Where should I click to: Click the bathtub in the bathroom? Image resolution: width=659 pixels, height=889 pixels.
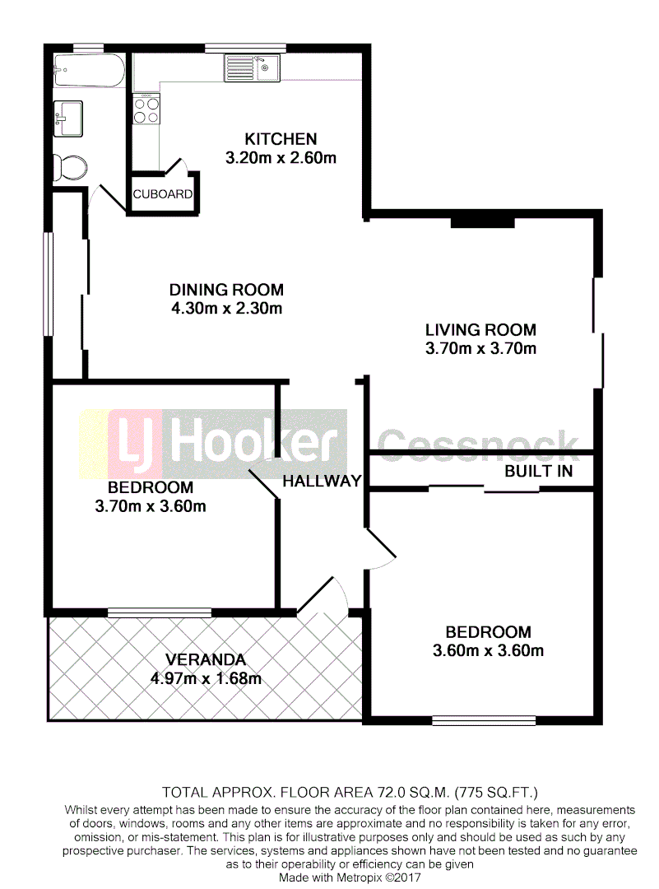(88, 72)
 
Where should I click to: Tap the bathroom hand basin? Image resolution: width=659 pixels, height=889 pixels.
(67, 118)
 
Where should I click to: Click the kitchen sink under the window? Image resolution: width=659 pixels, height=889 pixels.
(252, 67)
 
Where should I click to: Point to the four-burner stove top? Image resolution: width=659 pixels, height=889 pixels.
(146, 109)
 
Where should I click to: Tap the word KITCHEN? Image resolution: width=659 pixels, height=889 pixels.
(281, 138)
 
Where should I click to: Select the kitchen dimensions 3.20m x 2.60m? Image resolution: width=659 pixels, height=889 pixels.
(281, 157)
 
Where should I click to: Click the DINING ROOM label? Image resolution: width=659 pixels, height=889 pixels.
(226, 290)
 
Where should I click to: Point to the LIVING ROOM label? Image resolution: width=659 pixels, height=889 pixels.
(480, 330)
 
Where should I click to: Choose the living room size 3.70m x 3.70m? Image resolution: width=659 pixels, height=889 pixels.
(480, 349)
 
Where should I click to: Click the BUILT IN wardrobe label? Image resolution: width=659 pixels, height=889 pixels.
(538, 472)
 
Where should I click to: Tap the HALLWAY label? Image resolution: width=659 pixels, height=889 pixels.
(322, 482)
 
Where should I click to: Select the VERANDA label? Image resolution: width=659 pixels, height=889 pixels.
(205, 659)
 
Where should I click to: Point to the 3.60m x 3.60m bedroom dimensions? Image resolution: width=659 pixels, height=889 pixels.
(488, 651)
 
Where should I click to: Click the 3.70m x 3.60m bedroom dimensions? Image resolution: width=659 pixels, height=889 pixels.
(151, 506)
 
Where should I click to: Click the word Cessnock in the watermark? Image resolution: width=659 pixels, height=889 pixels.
(478, 444)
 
